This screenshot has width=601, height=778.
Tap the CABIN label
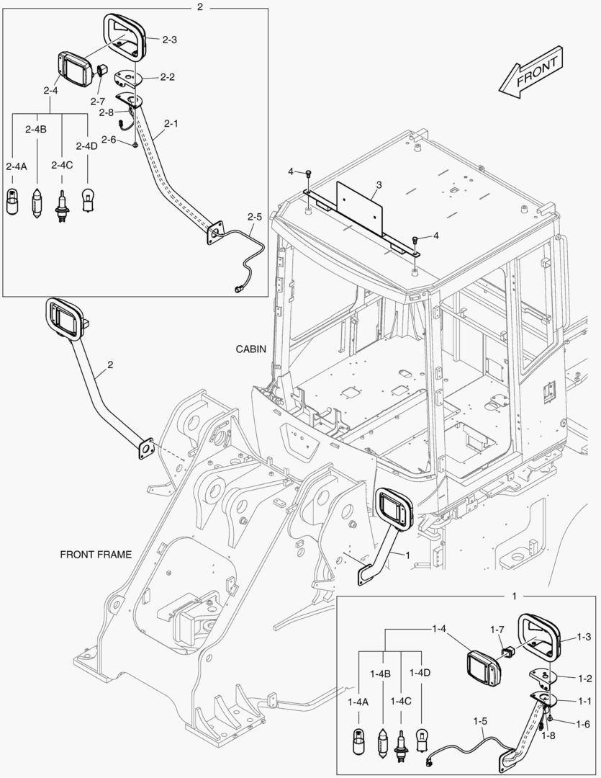[251, 349]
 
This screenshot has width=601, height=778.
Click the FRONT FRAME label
[96, 555]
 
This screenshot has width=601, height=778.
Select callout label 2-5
[254, 216]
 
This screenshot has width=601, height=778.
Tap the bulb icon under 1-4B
[381, 742]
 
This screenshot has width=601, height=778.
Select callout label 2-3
[169, 40]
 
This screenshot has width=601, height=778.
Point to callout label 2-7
[97, 102]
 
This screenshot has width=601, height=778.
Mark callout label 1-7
[497, 630]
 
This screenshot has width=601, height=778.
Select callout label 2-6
[109, 139]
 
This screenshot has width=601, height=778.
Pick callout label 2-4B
[35, 129]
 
